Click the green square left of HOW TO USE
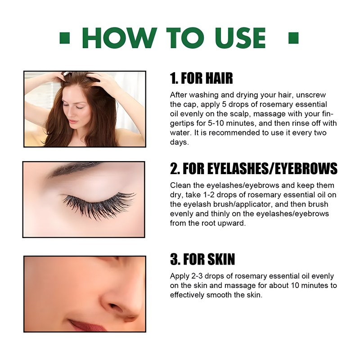[x=65, y=38]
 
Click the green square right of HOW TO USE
[x=293, y=38]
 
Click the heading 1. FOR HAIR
[x=202, y=78]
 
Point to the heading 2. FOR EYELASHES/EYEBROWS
[x=254, y=169]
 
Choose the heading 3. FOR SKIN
[x=202, y=260]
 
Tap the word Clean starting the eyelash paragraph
[x=179, y=185]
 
